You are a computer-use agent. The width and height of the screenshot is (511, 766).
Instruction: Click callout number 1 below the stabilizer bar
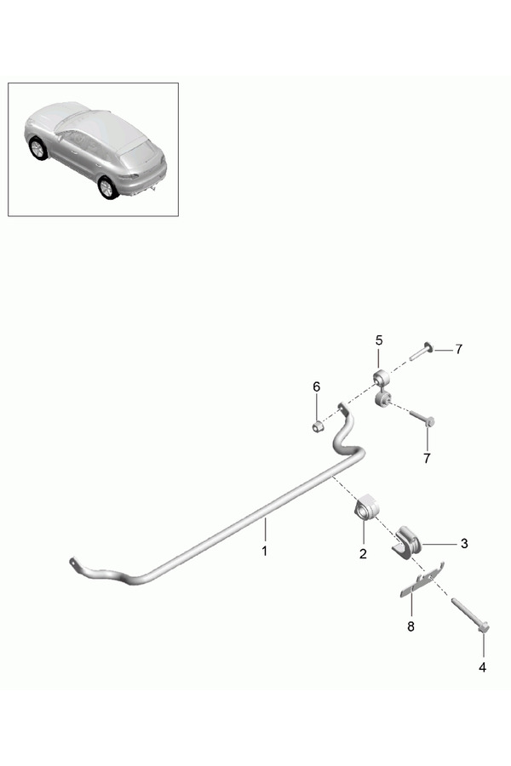[x=264, y=552]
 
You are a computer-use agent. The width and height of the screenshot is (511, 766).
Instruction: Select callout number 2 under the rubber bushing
[x=363, y=554]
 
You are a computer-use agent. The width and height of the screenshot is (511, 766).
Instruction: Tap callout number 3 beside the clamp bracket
[x=463, y=542]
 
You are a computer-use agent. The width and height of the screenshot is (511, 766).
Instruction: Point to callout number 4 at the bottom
[x=482, y=667]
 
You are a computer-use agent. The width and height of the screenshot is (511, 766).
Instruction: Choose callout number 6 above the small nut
[x=316, y=386]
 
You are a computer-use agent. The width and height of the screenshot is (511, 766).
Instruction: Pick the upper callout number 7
[x=458, y=349]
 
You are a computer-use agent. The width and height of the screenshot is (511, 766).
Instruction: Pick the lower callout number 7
[x=428, y=457]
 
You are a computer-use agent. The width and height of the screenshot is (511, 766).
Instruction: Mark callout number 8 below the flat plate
[x=411, y=626]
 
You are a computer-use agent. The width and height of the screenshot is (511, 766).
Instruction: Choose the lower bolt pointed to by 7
[x=422, y=417]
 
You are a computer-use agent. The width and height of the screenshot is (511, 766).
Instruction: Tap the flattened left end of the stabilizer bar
[x=78, y=564]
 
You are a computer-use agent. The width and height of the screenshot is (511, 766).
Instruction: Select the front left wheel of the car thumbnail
[x=37, y=149]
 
